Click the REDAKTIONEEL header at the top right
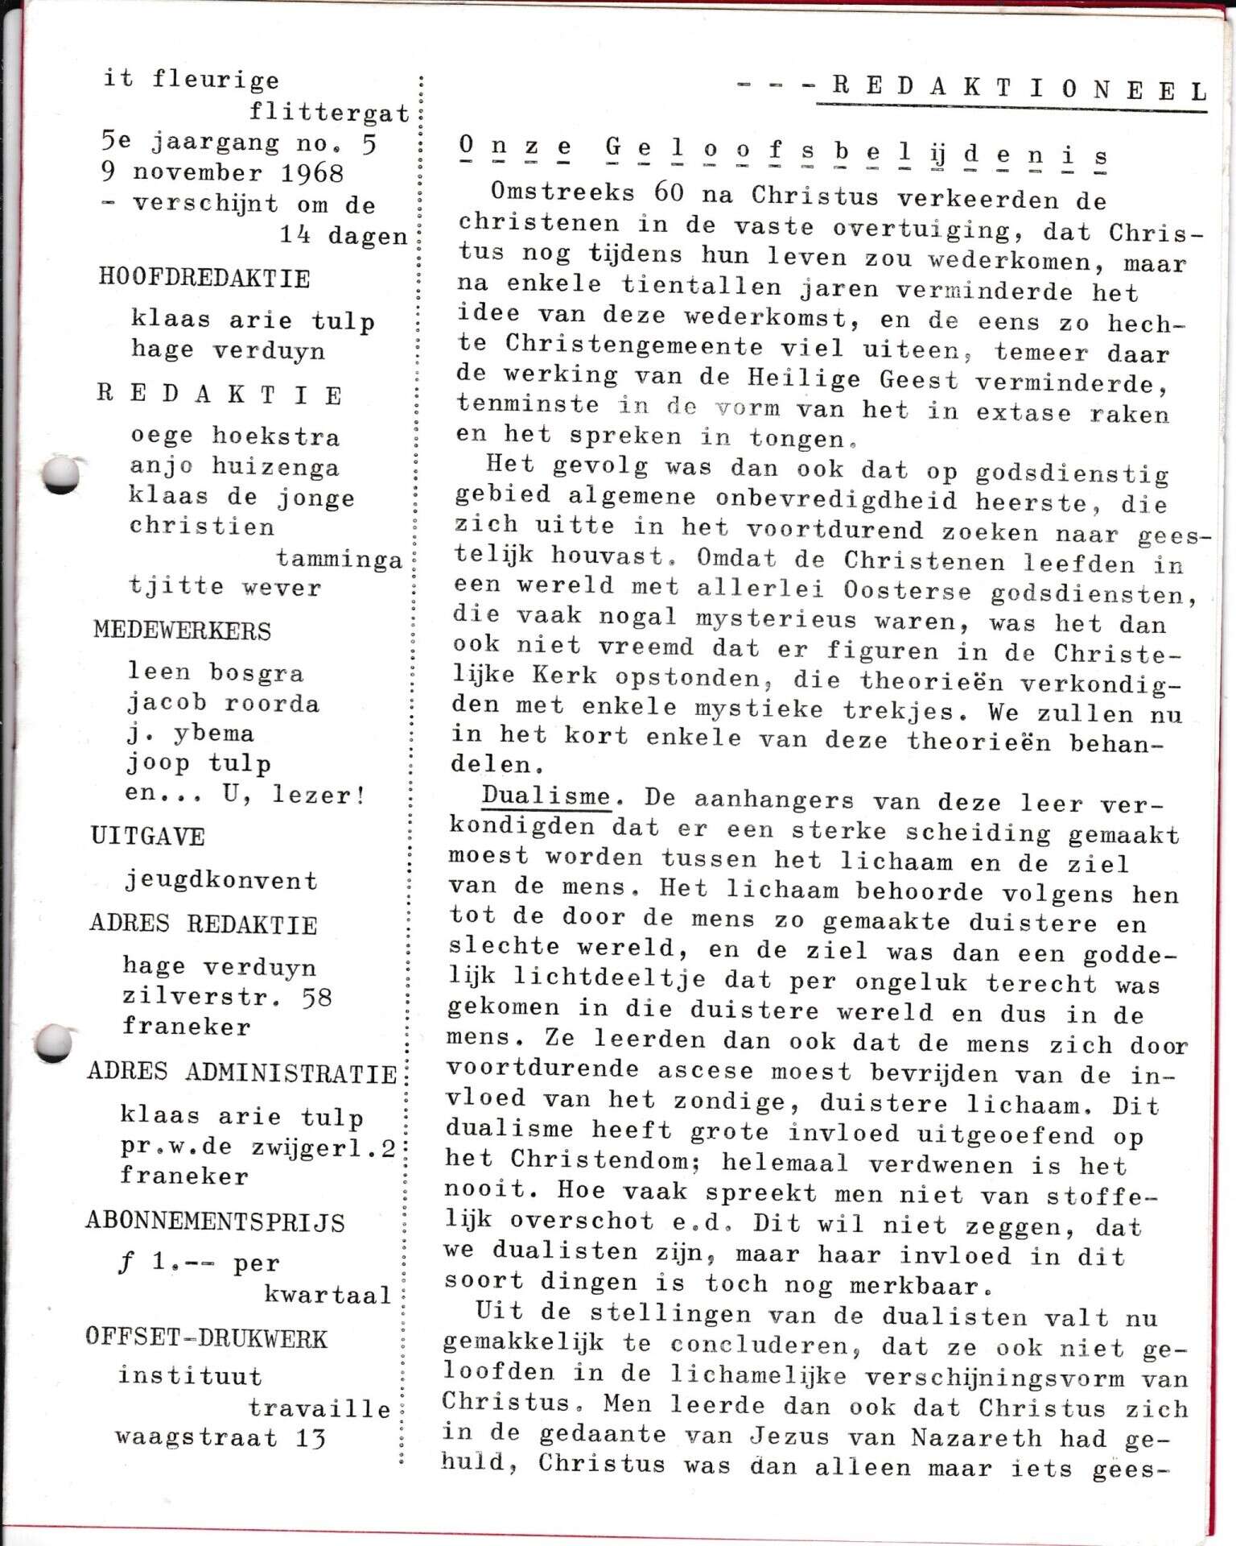(x=1018, y=89)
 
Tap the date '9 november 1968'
(x=222, y=173)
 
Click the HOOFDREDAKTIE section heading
(x=204, y=279)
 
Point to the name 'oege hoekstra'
(x=235, y=436)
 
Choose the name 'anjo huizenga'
(x=234, y=467)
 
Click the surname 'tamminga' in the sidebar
(x=340, y=559)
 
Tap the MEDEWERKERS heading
(x=182, y=630)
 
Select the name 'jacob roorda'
(x=223, y=703)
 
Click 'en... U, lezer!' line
(x=245, y=795)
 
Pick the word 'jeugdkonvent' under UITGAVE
(x=221, y=881)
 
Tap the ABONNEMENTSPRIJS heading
(x=215, y=1222)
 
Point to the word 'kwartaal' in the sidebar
(x=328, y=1295)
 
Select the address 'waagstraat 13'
(x=220, y=1438)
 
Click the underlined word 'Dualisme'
(x=546, y=796)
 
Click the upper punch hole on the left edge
(x=60, y=473)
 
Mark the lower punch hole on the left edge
(x=53, y=1044)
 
